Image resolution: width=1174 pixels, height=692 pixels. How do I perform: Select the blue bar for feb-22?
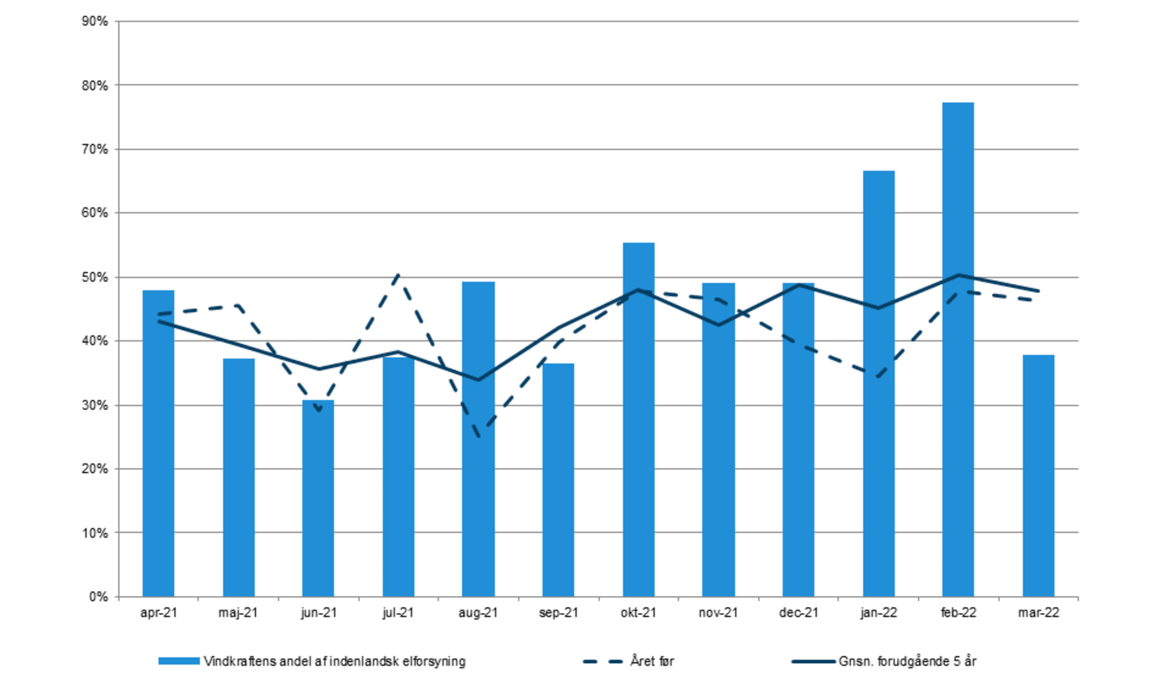(958, 349)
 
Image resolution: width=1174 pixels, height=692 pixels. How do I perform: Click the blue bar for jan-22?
(879, 384)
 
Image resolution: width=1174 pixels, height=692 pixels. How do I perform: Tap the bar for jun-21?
(318, 498)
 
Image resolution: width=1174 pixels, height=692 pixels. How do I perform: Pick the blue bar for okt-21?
(638, 420)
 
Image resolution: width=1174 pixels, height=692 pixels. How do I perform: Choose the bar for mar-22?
(1038, 476)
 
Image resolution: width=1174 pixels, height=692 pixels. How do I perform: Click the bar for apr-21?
(158, 444)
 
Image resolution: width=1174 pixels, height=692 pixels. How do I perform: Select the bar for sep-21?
(558, 480)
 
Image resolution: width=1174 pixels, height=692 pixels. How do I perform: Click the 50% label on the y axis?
(95, 277)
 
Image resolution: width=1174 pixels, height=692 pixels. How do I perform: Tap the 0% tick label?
(98, 597)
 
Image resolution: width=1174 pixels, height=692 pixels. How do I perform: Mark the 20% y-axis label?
(95, 469)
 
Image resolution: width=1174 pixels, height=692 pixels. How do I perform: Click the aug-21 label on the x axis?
(478, 613)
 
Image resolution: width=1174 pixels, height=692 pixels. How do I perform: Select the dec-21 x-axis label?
(798, 613)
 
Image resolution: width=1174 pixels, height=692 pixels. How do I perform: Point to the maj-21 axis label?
(238, 613)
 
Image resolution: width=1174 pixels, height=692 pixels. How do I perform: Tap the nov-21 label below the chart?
(718, 613)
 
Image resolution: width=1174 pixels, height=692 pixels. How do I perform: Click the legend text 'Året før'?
(652, 661)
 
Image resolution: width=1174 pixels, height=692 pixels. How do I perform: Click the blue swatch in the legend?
(179, 661)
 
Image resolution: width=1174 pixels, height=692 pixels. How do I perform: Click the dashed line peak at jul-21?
(398, 274)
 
